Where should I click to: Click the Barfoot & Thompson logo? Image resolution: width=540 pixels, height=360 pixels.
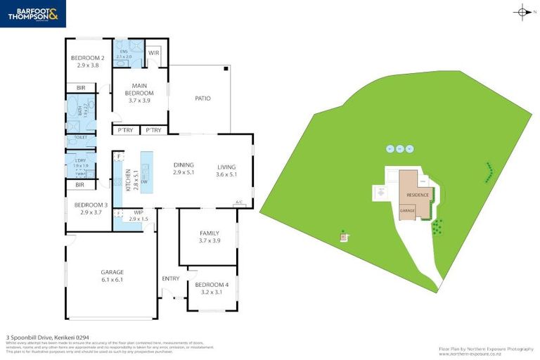pos(33,13)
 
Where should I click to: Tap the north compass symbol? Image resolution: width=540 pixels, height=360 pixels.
pos(523,11)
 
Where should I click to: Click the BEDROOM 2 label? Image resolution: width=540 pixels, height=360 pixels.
pos(89,61)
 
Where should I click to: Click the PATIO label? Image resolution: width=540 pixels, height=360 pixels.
pos(202,98)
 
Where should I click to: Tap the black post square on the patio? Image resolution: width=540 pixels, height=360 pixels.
pos(226,69)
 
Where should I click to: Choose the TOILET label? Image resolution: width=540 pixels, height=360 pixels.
pos(81,137)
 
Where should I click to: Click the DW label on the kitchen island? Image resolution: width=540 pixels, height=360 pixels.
pos(144,181)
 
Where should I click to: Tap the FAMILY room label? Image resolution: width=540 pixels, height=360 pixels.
pos(210,237)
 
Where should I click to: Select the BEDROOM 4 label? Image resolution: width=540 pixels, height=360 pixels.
pos(207,288)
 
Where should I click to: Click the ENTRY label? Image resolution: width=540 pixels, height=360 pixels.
pos(171,278)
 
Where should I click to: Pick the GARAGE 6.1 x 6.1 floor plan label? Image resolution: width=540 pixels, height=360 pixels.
pos(112,275)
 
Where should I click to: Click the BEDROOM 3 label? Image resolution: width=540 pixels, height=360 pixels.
pos(91,208)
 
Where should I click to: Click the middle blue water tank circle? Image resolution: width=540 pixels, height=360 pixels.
pos(400,148)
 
